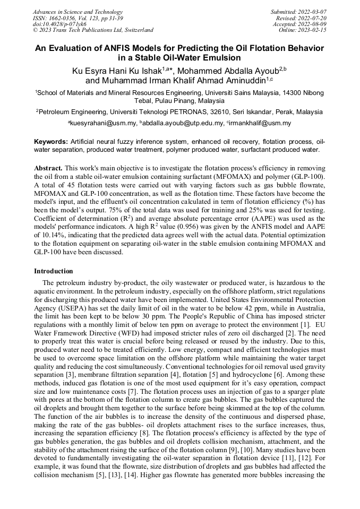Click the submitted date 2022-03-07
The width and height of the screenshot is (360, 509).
pos(313,12)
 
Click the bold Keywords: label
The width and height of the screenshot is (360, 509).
pos(51,142)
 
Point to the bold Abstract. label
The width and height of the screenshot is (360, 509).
pos(48,167)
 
